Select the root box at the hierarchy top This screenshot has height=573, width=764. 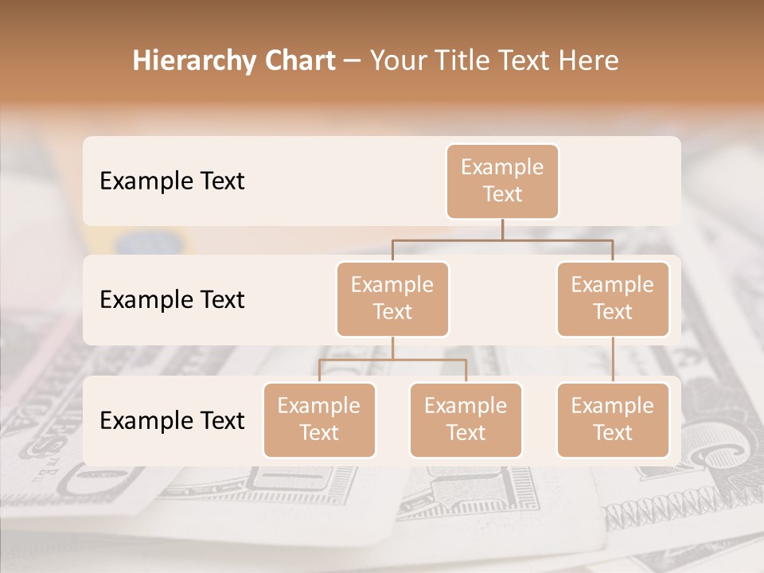502,181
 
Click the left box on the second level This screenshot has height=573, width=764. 392,298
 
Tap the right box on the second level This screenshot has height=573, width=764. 613,298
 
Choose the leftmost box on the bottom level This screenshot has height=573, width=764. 319,419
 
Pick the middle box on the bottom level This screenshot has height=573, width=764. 466,419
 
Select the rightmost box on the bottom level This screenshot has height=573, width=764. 613,419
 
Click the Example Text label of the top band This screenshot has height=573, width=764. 172,181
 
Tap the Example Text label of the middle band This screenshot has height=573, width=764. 172,300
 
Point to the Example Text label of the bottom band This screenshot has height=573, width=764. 172,420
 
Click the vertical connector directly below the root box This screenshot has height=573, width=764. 502,229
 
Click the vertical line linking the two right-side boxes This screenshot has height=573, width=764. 613,360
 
